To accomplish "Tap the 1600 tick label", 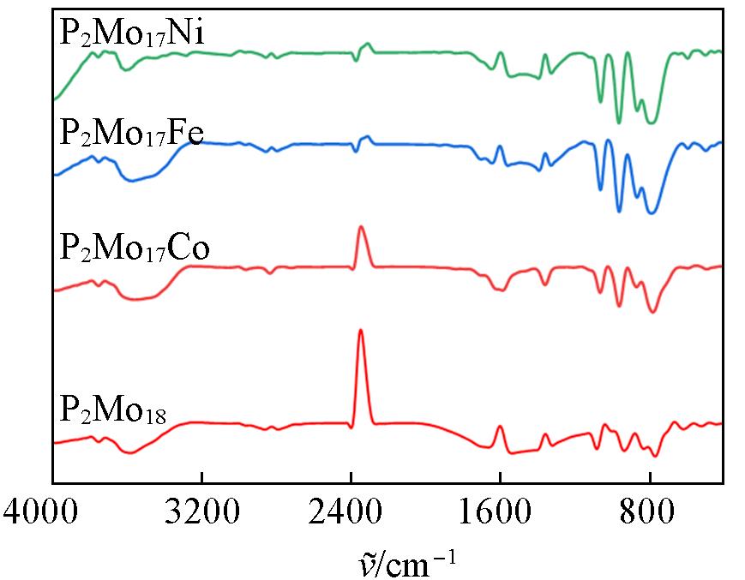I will point(501,516).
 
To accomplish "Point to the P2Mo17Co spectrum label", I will point(135,249).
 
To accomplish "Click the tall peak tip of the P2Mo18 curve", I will point(361,330).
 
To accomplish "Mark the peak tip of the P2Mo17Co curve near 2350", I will point(361,227).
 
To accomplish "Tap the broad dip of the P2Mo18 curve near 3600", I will point(129,452).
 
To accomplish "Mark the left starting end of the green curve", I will point(54,99).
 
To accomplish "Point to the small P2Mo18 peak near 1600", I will point(501,427).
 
